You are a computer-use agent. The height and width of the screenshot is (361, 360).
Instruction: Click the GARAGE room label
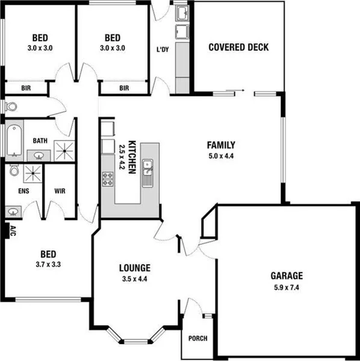coord(286,276)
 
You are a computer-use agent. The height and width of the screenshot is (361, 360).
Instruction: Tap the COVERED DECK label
coord(238,48)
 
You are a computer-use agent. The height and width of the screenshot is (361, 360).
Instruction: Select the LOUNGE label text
coord(134,268)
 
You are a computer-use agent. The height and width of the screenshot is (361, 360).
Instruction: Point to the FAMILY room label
coord(220,145)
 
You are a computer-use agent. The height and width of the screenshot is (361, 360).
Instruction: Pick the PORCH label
coord(197,339)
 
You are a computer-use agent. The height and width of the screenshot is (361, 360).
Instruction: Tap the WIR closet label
coord(60,190)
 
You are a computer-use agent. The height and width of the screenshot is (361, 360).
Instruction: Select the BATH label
coord(40,140)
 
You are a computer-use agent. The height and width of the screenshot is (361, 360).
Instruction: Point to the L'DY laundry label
coord(162,49)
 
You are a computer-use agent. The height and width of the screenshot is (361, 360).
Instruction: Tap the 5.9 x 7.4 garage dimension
coord(286,287)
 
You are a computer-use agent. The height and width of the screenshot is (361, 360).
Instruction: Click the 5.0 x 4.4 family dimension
coord(220,156)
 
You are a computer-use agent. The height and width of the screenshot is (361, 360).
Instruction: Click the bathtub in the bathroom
coord(13,140)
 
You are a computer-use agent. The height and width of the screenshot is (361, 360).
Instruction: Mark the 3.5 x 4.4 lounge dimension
coord(134,278)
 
